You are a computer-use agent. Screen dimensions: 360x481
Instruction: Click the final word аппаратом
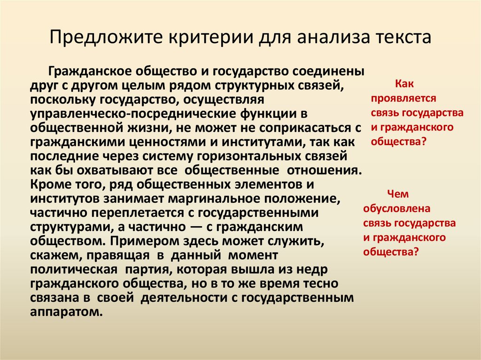(66, 311)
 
